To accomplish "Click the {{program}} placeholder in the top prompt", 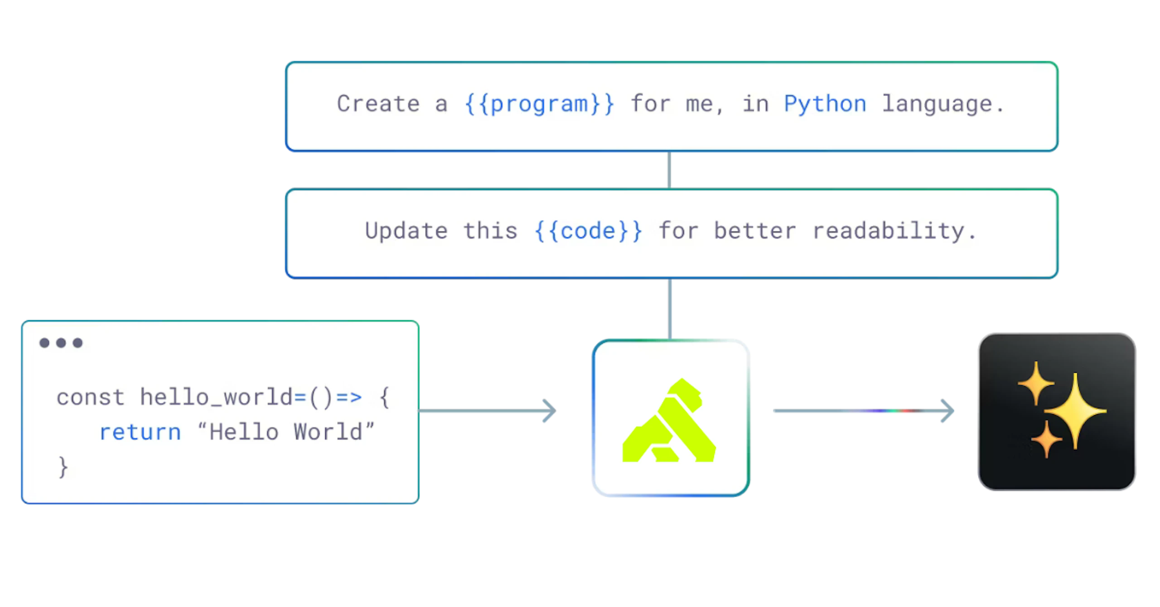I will point(539,104).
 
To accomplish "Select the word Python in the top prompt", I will point(825,104).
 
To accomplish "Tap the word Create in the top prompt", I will point(378,104).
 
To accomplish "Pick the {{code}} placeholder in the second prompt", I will point(588,231).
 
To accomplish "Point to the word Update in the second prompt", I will point(406,231).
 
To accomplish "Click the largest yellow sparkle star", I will point(1075,411).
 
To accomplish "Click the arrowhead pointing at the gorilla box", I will point(550,410).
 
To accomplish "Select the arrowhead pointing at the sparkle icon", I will point(949,410).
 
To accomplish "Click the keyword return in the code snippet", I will point(140,432).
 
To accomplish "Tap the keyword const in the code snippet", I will point(90,398).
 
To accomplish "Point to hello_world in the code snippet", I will point(216,398).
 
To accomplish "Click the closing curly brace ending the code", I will point(63,467).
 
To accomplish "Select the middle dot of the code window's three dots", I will point(61,343).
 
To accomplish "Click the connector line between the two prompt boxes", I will point(669,170).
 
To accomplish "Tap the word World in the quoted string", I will point(328,432).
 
